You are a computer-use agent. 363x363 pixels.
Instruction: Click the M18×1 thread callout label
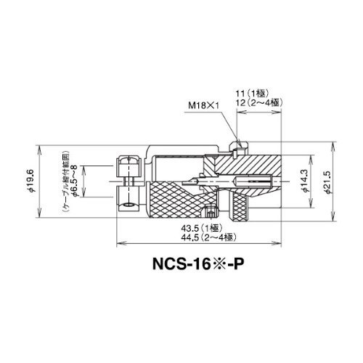pyautogui.click(x=204, y=105)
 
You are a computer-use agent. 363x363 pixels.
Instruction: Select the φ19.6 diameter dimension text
pyautogui.click(x=31, y=181)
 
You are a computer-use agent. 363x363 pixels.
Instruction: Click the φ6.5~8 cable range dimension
pyautogui.click(x=75, y=181)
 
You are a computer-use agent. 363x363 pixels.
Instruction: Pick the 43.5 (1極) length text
pyautogui.click(x=201, y=228)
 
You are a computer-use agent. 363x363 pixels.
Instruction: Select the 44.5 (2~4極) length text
pyautogui.click(x=208, y=237)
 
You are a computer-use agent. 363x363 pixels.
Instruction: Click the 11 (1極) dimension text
pyautogui.click(x=253, y=94)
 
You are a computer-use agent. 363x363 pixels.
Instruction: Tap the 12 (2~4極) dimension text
pyautogui.click(x=260, y=103)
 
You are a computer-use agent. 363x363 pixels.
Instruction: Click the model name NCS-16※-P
pyautogui.click(x=197, y=264)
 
